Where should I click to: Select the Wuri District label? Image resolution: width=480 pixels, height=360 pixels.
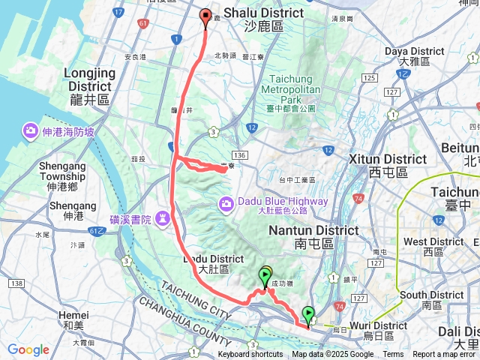click(379, 325)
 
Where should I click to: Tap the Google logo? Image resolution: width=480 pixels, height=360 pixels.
click(28, 349)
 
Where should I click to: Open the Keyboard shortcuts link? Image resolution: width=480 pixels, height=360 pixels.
click(251, 355)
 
